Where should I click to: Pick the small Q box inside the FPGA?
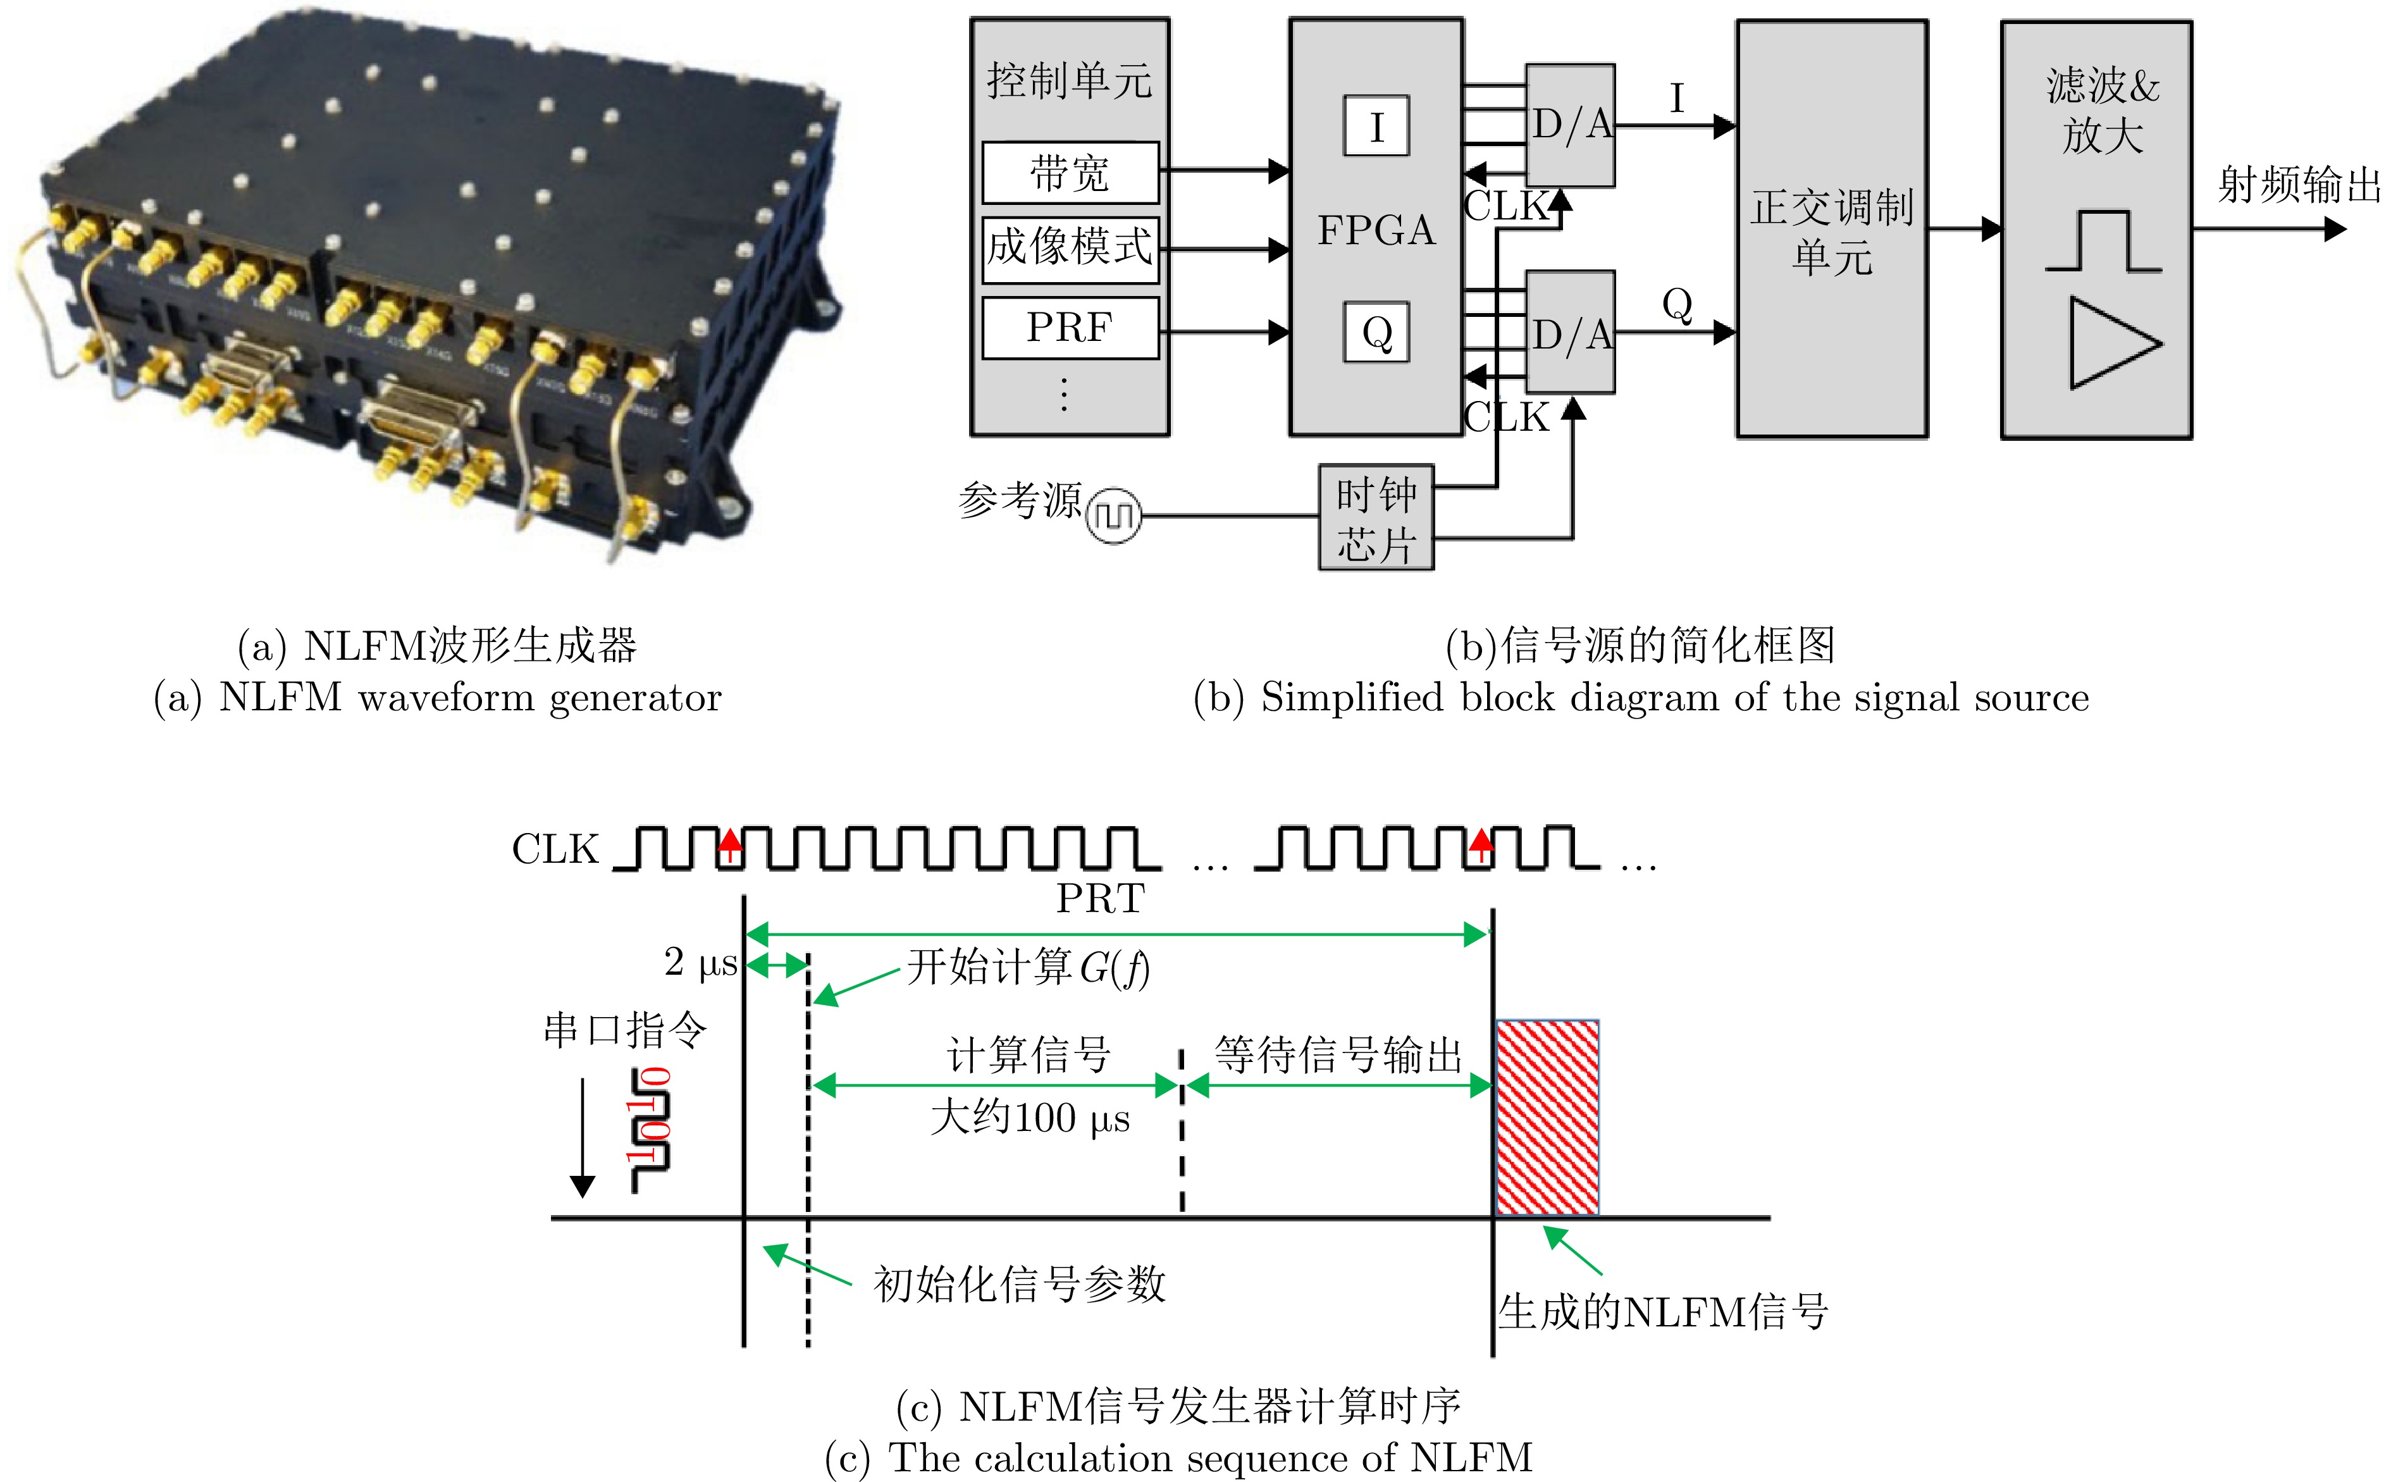[x=1376, y=332]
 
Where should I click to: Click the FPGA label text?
[x=1376, y=230]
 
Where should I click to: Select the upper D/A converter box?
[x=1570, y=125]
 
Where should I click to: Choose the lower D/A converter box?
[x=1570, y=332]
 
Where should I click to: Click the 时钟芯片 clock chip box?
[x=1376, y=517]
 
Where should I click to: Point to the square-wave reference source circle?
[x=1113, y=515]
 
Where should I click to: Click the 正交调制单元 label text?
[x=1831, y=232]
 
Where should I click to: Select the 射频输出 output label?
[x=2298, y=184]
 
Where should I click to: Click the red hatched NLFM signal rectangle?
[x=1547, y=1118]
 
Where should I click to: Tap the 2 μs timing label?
[x=700, y=963]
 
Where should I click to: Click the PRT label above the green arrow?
[x=1099, y=898]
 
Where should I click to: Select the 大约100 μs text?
[x=1030, y=1118]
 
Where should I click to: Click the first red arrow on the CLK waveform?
[x=730, y=844]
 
